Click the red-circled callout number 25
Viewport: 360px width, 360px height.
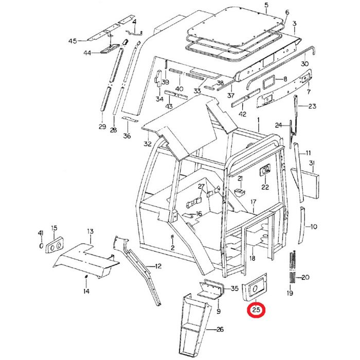tap(256, 311)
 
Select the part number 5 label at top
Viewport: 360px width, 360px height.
tap(266, 6)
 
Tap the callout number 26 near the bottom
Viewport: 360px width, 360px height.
tap(220, 329)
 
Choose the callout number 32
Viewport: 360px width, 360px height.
tap(148, 143)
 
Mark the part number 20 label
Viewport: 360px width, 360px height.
tap(305, 278)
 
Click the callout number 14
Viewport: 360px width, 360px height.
tap(86, 292)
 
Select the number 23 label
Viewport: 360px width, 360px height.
tap(312, 106)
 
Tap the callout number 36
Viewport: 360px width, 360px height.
tap(127, 136)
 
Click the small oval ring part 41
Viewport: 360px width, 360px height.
tap(41, 245)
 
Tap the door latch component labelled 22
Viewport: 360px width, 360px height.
tap(265, 170)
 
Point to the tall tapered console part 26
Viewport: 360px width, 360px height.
tap(195, 324)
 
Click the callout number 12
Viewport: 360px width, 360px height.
tap(158, 266)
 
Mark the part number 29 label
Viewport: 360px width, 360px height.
tap(102, 127)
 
